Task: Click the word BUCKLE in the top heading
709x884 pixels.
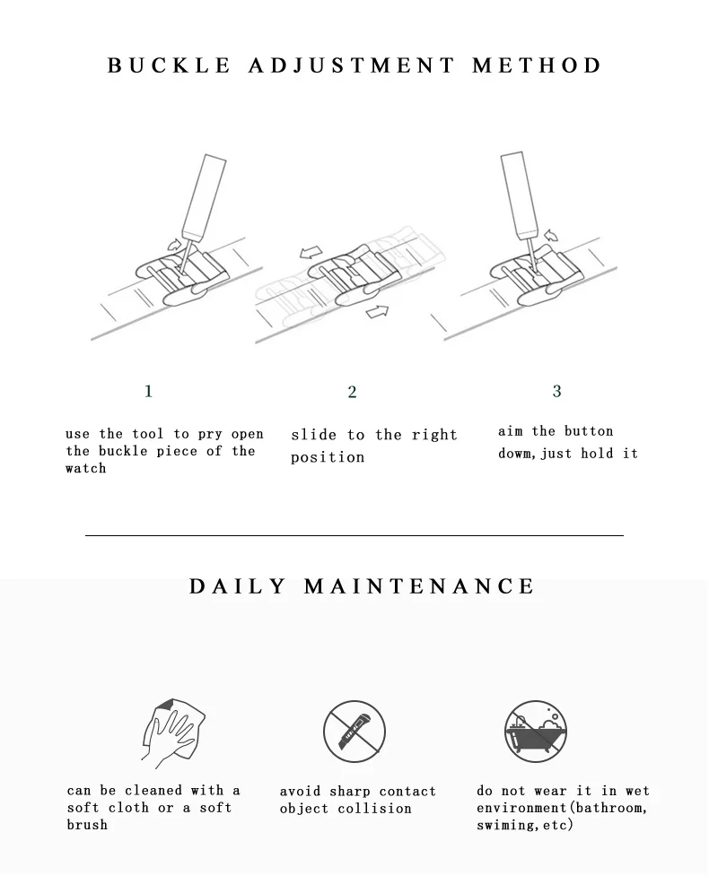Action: pyautogui.click(x=169, y=65)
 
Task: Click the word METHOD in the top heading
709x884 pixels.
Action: pyautogui.click(x=537, y=65)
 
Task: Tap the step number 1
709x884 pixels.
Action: pyautogui.click(x=148, y=391)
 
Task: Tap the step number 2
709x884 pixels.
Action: pyautogui.click(x=352, y=392)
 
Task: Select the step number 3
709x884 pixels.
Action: pyautogui.click(x=556, y=391)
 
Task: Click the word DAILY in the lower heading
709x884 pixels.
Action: pyautogui.click(x=238, y=586)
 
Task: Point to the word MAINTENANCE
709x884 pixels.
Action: pyautogui.click(x=419, y=586)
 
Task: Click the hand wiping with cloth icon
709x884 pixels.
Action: pyautogui.click(x=172, y=732)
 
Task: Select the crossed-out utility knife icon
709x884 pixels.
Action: pyautogui.click(x=354, y=732)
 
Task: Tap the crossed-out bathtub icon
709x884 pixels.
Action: pyautogui.click(x=535, y=732)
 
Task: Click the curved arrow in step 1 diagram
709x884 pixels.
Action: pyautogui.click(x=175, y=245)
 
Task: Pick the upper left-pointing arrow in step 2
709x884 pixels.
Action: pyautogui.click(x=311, y=252)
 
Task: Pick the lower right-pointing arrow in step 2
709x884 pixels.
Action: pyautogui.click(x=378, y=310)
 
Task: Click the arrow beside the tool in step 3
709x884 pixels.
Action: pyautogui.click(x=550, y=235)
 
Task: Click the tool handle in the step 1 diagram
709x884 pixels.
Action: pyautogui.click(x=204, y=196)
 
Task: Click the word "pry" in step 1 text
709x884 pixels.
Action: pyautogui.click(x=209, y=435)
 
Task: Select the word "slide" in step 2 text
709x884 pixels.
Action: pyautogui.click(x=314, y=435)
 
